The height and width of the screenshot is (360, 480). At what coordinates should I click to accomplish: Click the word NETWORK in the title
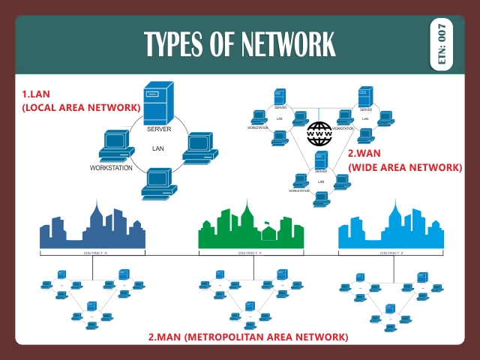click(x=289, y=45)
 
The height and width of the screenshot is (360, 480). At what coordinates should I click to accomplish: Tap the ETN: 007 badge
click(x=442, y=44)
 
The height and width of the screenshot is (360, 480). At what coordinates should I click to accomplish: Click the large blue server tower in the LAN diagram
click(x=157, y=105)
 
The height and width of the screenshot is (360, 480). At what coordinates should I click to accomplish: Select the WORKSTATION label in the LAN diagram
click(x=111, y=168)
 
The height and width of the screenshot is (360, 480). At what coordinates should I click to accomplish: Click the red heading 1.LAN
click(x=35, y=94)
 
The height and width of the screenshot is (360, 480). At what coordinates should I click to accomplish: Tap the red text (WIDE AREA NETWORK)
click(x=405, y=167)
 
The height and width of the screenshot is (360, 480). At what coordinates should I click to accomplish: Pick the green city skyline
click(x=250, y=228)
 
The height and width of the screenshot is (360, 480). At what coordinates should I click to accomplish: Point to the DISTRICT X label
click(x=95, y=253)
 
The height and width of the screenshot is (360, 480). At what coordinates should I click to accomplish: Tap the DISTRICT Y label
click(x=250, y=253)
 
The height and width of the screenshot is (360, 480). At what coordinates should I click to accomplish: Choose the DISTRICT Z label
click(x=391, y=253)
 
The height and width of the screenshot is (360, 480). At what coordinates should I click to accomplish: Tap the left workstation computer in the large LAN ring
click(x=116, y=145)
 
